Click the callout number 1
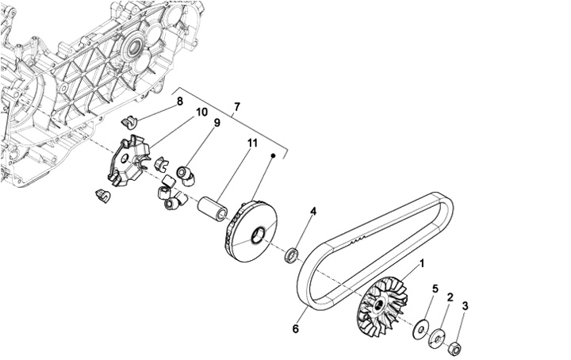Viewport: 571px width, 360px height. pyautogui.click(x=422, y=262)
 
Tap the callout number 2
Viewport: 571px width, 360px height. pyautogui.click(x=450, y=297)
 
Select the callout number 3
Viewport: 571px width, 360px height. pyautogui.click(x=465, y=305)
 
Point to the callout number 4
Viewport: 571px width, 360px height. pyautogui.click(x=313, y=212)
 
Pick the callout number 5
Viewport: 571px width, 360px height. pyautogui.click(x=435, y=289)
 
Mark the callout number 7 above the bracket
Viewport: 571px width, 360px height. pyautogui.click(x=236, y=106)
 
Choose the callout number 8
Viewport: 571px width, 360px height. pyautogui.click(x=180, y=101)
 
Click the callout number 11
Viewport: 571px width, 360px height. pyautogui.click(x=252, y=143)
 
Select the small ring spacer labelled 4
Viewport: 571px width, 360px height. pyautogui.click(x=292, y=255)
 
